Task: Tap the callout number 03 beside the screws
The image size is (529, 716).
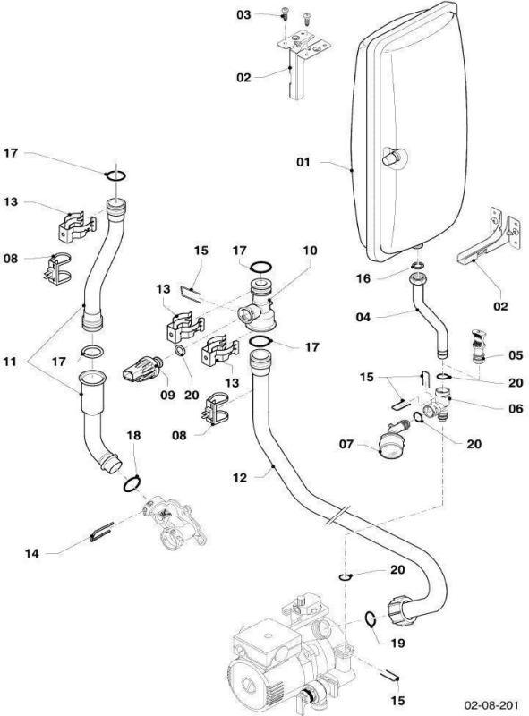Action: coord(243,15)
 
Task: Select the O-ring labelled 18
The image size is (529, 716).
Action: coord(130,485)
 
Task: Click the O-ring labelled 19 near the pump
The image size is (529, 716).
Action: coord(369,618)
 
